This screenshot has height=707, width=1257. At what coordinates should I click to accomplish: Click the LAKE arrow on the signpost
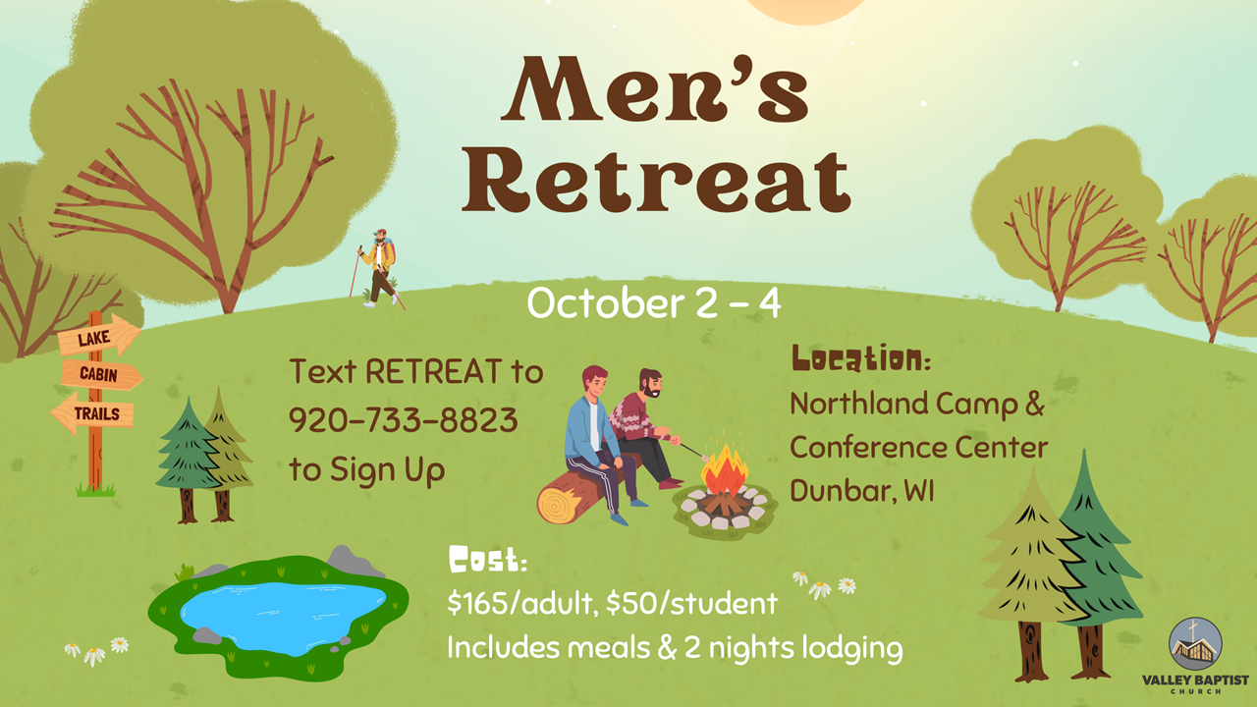99,337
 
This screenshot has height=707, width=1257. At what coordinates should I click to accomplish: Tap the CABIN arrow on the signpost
101,375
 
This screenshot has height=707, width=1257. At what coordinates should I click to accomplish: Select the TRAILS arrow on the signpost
92,413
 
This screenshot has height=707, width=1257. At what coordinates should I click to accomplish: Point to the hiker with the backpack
379,268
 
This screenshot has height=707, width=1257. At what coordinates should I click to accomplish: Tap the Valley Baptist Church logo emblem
1195,644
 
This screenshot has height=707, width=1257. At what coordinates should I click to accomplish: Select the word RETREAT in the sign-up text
434,371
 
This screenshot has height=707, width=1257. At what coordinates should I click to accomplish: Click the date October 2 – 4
654,303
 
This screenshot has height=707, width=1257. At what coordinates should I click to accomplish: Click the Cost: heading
488,560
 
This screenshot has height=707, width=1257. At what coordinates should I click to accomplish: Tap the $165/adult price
521,603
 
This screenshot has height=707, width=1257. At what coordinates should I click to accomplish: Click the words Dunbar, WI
862,491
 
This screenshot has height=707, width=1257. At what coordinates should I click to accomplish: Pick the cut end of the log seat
557,506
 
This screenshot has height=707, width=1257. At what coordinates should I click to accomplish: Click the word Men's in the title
655,88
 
